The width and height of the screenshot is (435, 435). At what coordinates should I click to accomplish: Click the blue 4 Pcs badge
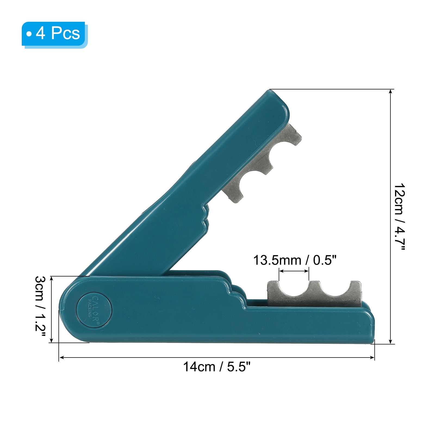click(55, 35)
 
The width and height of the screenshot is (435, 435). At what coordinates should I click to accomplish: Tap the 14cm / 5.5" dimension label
click(217, 367)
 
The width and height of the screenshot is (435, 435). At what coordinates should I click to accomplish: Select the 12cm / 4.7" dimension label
click(400, 217)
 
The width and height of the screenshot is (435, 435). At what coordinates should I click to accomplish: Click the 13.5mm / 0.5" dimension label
click(295, 260)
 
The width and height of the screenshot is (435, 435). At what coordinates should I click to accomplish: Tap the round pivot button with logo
click(94, 309)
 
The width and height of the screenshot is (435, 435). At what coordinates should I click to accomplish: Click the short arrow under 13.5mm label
click(294, 271)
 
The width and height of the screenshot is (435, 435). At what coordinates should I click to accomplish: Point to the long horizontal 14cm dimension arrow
click(217, 357)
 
